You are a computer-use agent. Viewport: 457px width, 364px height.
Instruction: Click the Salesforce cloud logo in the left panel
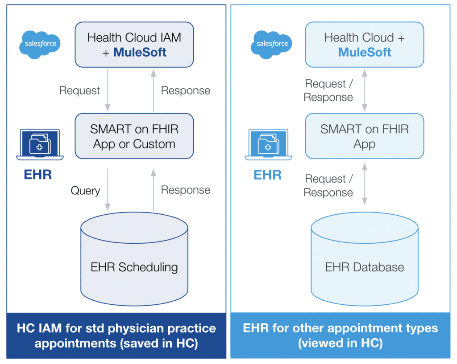[40, 44]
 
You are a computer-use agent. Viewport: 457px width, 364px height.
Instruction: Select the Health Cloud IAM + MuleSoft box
[134, 45]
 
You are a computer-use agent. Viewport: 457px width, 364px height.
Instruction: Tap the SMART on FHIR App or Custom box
[134, 136]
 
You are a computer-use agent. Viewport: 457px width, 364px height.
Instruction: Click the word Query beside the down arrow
[85, 191]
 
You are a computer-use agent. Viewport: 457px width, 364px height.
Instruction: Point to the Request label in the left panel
[79, 90]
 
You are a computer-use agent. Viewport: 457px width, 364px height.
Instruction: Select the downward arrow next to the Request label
[108, 90]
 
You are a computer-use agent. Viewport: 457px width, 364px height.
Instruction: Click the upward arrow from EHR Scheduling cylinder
[154, 190]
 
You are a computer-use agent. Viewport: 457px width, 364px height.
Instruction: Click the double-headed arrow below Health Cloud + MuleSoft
[365, 90]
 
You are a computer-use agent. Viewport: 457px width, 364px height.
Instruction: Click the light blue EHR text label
[267, 175]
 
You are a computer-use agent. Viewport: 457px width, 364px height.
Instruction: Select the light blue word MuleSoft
[364, 52]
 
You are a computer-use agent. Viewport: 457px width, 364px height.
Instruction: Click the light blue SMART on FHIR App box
[364, 136]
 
